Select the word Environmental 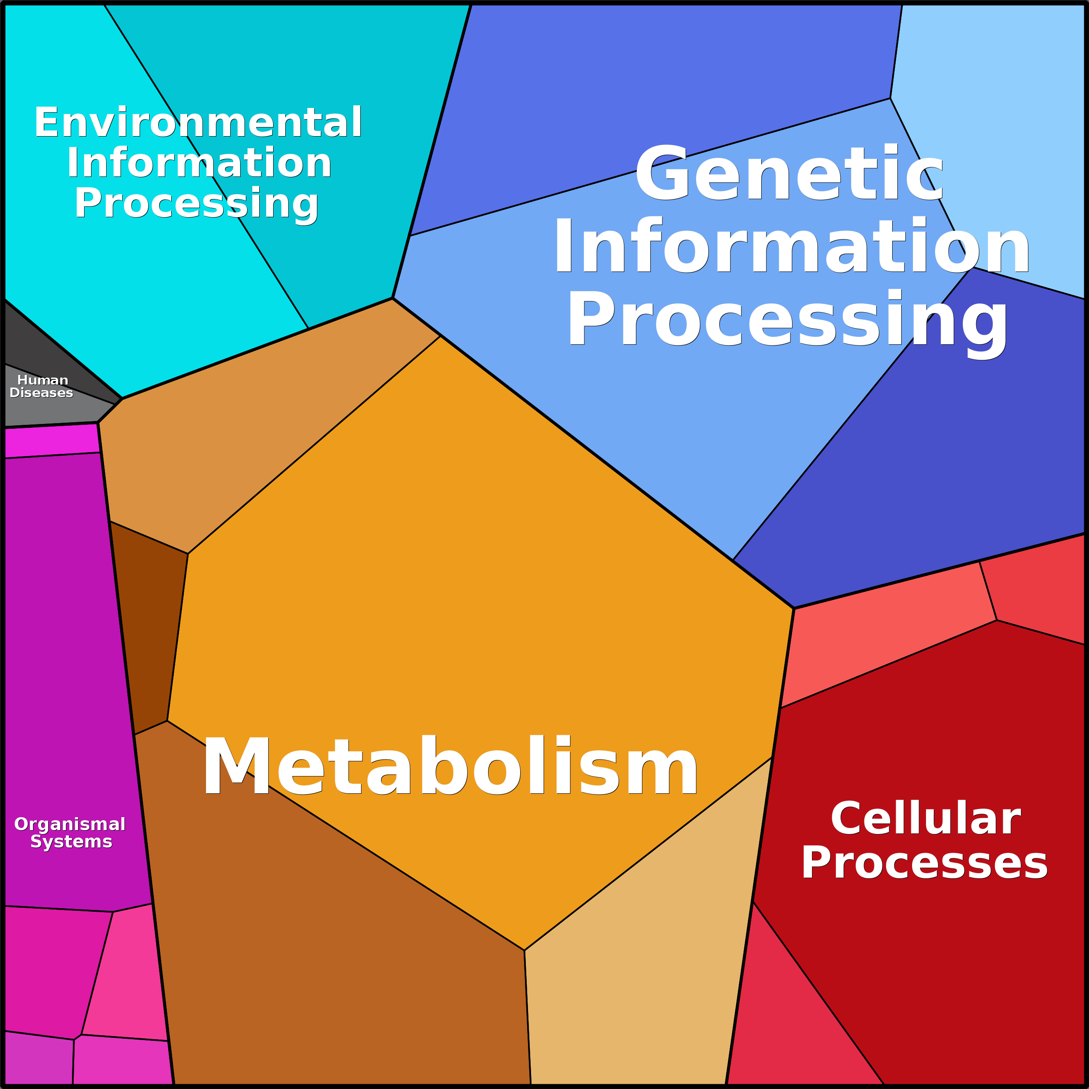click(198, 122)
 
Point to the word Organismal click(70, 824)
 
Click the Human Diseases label click(42, 386)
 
